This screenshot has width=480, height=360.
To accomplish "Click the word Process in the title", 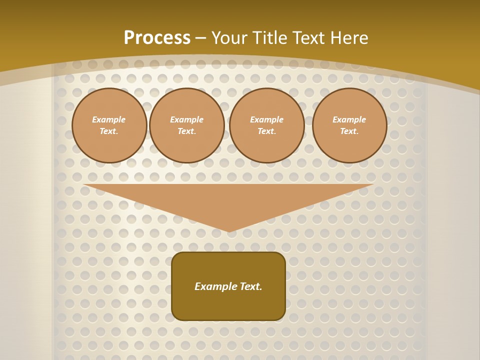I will click(x=157, y=38).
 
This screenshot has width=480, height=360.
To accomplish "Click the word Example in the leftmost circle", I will click(x=109, y=119).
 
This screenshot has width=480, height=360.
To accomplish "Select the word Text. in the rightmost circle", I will click(x=349, y=131).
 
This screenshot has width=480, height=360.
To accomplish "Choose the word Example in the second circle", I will click(x=187, y=119).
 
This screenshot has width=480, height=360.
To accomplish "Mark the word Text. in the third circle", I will click(x=267, y=131).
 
